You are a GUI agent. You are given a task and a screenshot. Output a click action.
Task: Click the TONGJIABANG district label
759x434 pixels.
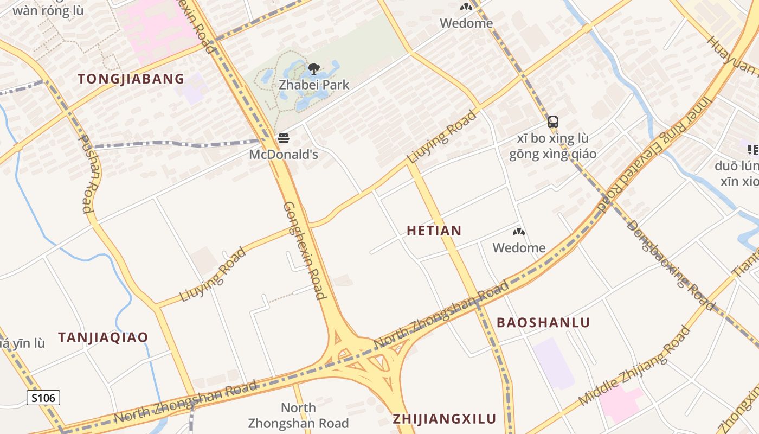pyautogui.click(x=131, y=79)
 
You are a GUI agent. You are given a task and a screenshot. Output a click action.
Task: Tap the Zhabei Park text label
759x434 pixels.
pyautogui.click(x=314, y=85)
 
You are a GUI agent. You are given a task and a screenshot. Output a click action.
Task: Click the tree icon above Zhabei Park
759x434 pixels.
pyautogui.click(x=313, y=68)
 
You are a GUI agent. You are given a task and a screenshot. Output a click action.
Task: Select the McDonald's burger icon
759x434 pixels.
pyautogui.click(x=283, y=138)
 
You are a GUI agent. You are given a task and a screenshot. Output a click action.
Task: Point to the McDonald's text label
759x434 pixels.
pyautogui.click(x=283, y=155)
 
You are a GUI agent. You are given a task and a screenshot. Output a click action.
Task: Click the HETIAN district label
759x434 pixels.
pyautogui.click(x=434, y=231)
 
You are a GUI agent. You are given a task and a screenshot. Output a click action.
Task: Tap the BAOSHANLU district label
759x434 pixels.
pyautogui.click(x=543, y=323)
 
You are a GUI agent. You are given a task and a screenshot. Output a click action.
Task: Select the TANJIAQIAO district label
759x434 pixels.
pyautogui.click(x=103, y=337)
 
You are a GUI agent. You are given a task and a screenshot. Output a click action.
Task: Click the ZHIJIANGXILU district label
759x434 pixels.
pyautogui.click(x=445, y=419)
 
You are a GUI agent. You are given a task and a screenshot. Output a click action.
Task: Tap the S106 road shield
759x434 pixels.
pyautogui.click(x=43, y=398)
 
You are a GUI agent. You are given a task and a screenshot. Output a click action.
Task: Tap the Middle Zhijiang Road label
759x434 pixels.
pyautogui.click(x=634, y=366)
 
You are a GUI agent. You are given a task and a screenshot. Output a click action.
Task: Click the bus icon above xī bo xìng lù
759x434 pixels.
pyautogui.click(x=552, y=122)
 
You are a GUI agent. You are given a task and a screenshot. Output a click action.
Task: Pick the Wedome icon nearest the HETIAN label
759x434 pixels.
pyautogui.click(x=519, y=232)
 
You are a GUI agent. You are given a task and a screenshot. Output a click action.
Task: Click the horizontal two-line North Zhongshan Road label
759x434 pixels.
pyautogui.click(x=298, y=416)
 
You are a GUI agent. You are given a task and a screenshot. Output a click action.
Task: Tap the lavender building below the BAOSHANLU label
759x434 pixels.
pyautogui.click(x=554, y=362)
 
